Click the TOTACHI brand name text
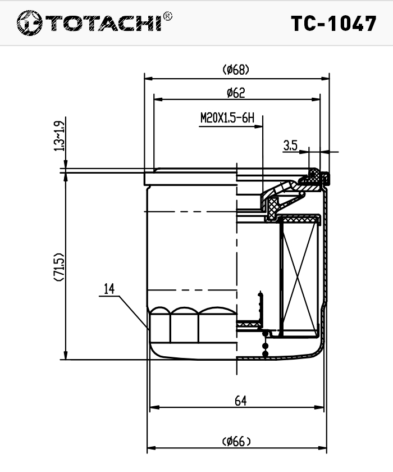coord(103,23)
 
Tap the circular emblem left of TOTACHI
coord(29,23)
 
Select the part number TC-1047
coord(333,24)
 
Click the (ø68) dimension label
coord(236,70)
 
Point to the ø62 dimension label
coord(236,93)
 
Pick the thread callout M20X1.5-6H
coord(227,118)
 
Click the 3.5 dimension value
coord(290,146)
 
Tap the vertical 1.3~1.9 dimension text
coord(59,136)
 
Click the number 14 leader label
coord(109,289)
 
